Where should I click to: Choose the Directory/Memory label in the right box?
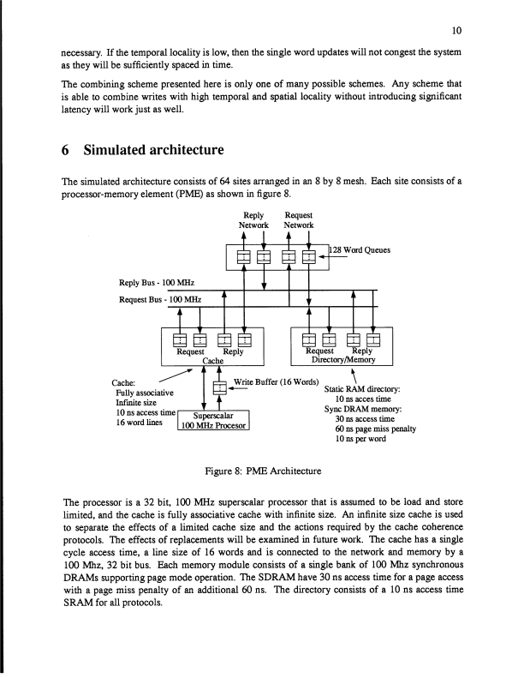click(x=340, y=361)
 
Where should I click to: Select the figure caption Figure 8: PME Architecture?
click(x=261, y=471)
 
